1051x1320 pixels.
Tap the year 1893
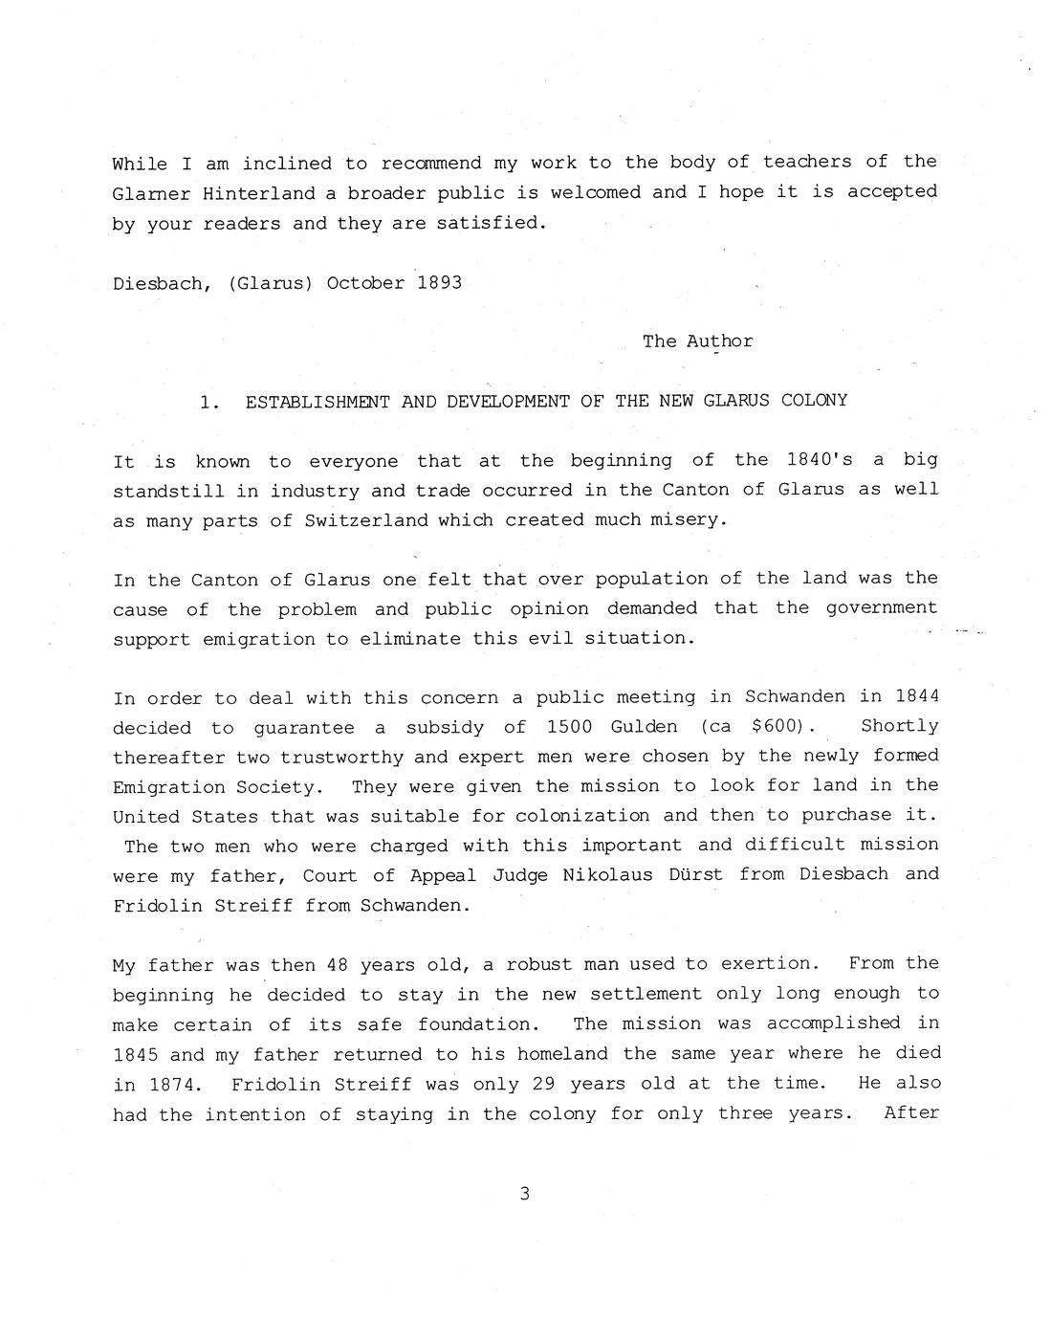439,283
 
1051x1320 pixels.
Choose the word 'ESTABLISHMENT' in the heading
317,401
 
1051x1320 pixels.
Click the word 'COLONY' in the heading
814,401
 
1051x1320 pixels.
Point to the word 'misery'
688,520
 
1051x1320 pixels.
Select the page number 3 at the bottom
524,1193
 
